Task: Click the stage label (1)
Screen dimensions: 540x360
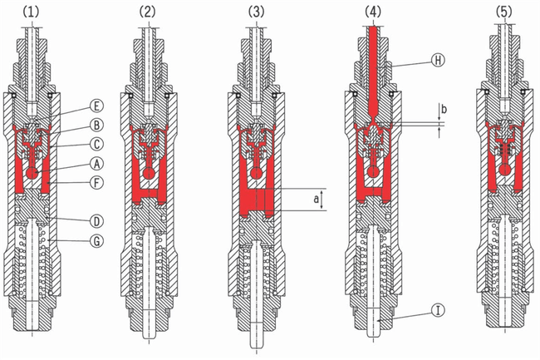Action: tap(31, 12)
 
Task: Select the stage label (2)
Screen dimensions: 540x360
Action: tap(147, 12)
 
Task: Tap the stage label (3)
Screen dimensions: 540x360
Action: tap(256, 12)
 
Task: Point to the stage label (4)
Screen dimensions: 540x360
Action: tap(373, 12)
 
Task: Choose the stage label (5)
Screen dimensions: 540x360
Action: tap(503, 12)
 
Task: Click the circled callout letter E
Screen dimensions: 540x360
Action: tap(96, 106)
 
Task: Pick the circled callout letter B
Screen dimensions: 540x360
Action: tap(96, 125)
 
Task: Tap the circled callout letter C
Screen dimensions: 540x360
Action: tap(96, 144)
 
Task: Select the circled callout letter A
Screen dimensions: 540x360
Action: tap(96, 164)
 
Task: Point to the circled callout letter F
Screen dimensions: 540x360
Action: tap(96, 183)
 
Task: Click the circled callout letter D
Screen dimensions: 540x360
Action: tap(96, 221)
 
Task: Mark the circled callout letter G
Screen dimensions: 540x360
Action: tap(96, 241)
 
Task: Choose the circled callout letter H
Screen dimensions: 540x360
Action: tap(438, 61)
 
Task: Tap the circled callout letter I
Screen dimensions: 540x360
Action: tap(438, 310)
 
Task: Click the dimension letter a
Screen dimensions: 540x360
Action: tap(317, 199)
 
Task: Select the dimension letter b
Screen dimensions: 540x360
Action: tap(444, 110)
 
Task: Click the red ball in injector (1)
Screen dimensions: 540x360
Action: tap(33, 173)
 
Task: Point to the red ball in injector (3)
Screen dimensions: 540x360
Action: tap(256, 173)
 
